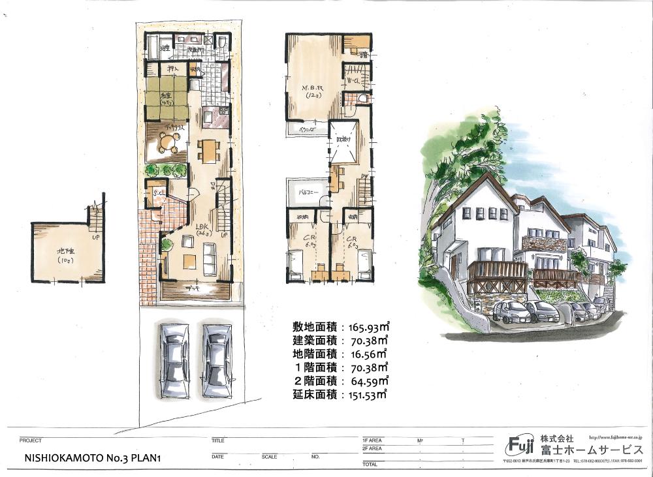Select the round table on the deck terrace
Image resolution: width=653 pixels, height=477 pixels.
168,146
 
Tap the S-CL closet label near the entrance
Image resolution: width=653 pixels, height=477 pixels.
157,193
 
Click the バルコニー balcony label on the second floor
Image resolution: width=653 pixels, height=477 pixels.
308,193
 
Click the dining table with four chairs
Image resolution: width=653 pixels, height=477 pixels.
209,151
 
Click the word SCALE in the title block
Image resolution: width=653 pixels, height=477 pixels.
269,457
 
